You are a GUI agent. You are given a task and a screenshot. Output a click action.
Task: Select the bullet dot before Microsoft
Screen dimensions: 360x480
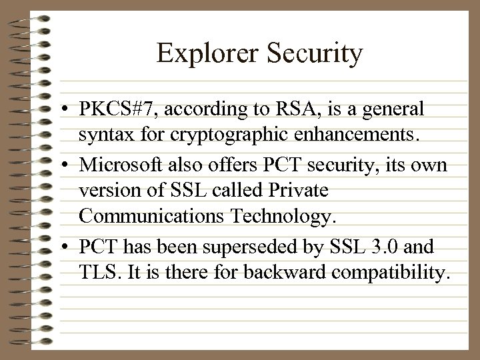[x=68, y=163]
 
